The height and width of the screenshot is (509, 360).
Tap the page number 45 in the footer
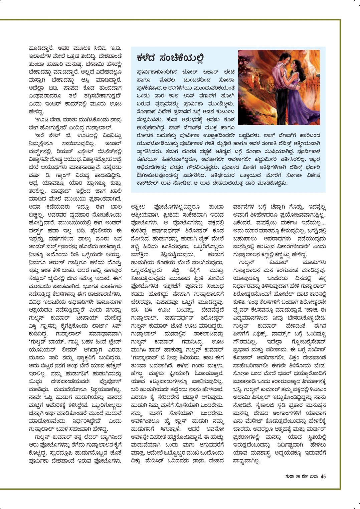tap(323, 476)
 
